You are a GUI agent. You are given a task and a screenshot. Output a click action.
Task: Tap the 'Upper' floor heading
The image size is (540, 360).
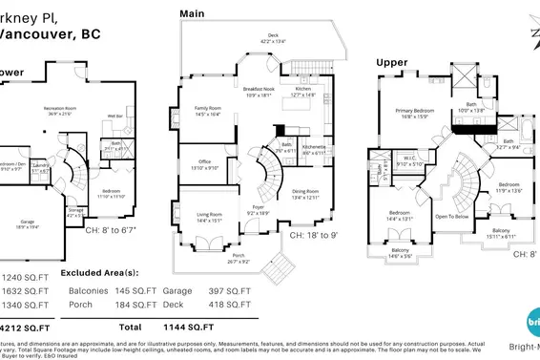pos(391,62)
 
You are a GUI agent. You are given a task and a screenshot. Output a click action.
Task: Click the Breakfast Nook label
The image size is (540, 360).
pos(263,90)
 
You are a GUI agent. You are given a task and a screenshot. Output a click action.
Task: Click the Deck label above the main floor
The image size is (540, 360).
pos(274,37)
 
